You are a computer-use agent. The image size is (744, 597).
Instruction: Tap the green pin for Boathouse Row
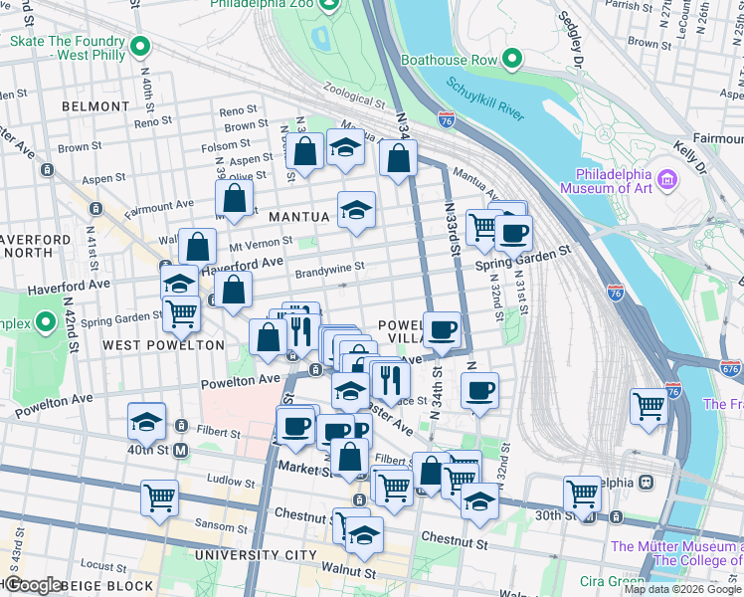(512, 61)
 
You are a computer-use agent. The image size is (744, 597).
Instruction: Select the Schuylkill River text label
(485, 99)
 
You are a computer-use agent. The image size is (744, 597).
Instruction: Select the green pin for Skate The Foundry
(140, 47)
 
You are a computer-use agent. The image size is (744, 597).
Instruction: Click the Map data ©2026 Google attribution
(682, 589)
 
